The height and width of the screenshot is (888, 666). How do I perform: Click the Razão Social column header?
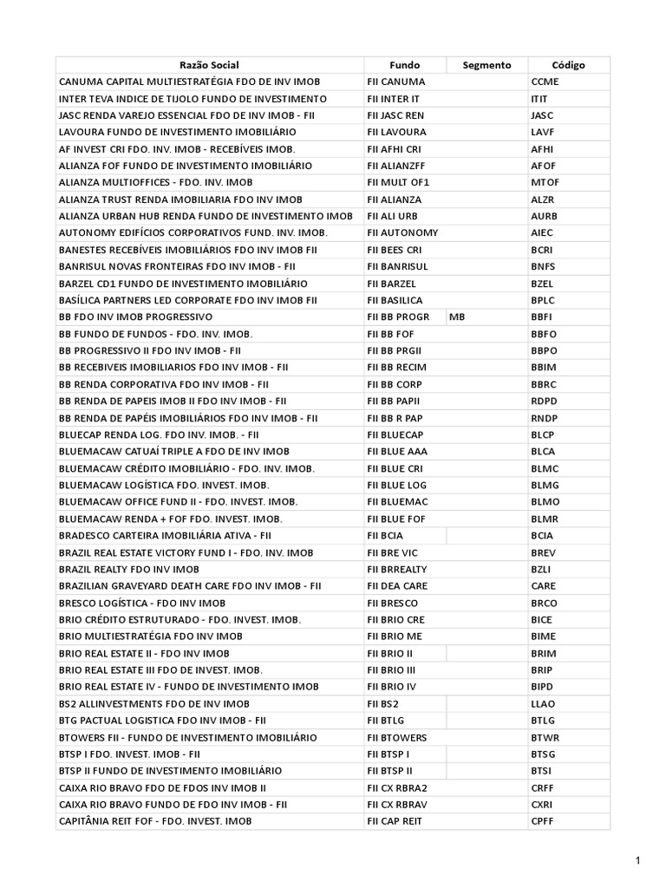(209, 65)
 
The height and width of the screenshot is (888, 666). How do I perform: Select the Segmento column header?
(486, 65)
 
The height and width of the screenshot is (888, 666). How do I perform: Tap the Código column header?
(568, 65)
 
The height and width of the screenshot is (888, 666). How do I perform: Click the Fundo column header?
(404, 65)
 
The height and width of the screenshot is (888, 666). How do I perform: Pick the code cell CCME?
(545, 82)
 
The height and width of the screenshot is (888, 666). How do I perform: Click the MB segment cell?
(457, 317)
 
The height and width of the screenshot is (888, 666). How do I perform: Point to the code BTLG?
(543, 721)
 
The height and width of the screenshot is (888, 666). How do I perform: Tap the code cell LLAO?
(543, 703)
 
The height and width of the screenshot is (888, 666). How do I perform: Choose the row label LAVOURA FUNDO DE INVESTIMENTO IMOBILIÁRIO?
(178, 133)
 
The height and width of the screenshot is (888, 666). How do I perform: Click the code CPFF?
(543, 821)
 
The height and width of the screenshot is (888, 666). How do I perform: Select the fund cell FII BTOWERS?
(396, 737)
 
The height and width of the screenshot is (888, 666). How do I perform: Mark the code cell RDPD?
(544, 402)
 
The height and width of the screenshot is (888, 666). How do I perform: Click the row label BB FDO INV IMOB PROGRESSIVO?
(135, 317)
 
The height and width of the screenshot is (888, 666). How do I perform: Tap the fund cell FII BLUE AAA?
(396, 452)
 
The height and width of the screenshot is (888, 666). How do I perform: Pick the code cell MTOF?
(545, 183)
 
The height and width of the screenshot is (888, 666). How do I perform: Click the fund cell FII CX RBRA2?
(397, 787)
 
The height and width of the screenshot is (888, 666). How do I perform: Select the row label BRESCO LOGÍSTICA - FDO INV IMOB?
(142, 603)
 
